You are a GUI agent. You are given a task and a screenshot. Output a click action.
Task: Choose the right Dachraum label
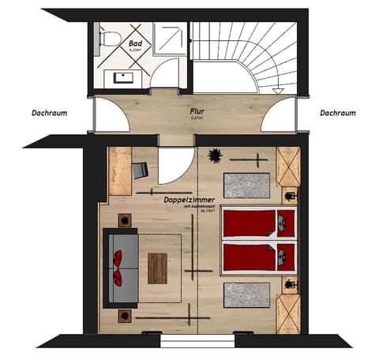tap(338, 113)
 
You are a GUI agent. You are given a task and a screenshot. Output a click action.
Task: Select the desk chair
tap(141, 169)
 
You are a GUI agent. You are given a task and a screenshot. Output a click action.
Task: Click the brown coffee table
tap(158, 267)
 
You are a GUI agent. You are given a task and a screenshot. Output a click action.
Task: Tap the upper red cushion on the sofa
tap(118, 257)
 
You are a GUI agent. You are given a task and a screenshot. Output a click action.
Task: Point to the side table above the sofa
tap(124, 219)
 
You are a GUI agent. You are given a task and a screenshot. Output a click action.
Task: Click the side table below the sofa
tap(124, 315)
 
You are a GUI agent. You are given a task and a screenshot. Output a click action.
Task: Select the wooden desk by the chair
tap(119, 171)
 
